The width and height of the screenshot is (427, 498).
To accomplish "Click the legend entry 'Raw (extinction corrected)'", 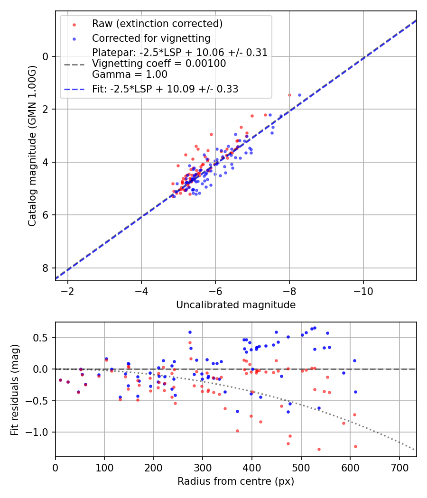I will click(x=157, y=24).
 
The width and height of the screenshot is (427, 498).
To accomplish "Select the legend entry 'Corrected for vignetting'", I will click(x=151, y=38).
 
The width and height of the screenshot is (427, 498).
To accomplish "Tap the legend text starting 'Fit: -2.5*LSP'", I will click(x=165, y=89).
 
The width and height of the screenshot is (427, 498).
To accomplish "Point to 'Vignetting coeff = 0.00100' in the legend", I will click(x=159, y=63).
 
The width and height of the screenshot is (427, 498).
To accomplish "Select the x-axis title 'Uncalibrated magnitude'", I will click(x=236, y=305).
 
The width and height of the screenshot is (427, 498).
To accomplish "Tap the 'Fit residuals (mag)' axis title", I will click(x=15, y=389).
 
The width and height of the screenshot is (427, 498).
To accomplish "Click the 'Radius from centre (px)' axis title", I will click(x=236, y=481).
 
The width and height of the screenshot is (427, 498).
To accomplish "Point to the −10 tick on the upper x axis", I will click(x=363, y=290).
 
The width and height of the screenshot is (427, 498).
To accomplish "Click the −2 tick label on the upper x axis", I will click(x=67, y=290).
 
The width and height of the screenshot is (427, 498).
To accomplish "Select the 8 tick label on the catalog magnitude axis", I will click(x=46, y=268).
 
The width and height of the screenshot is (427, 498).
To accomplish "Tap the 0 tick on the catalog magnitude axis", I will click(x=46, y=56).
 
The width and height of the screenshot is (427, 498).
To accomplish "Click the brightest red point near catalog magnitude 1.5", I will click(x=289, y=95).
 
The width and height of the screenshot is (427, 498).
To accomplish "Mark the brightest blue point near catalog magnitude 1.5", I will click(x=299, y=95).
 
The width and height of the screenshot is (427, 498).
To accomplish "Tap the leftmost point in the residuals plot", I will click(x=60, y=380).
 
